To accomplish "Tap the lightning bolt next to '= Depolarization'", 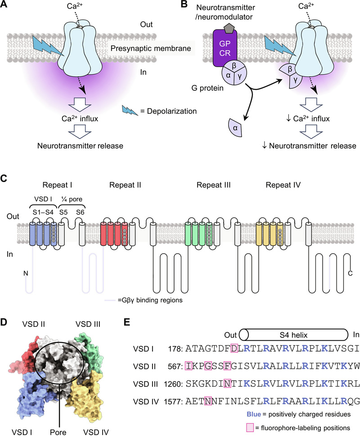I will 129,110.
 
